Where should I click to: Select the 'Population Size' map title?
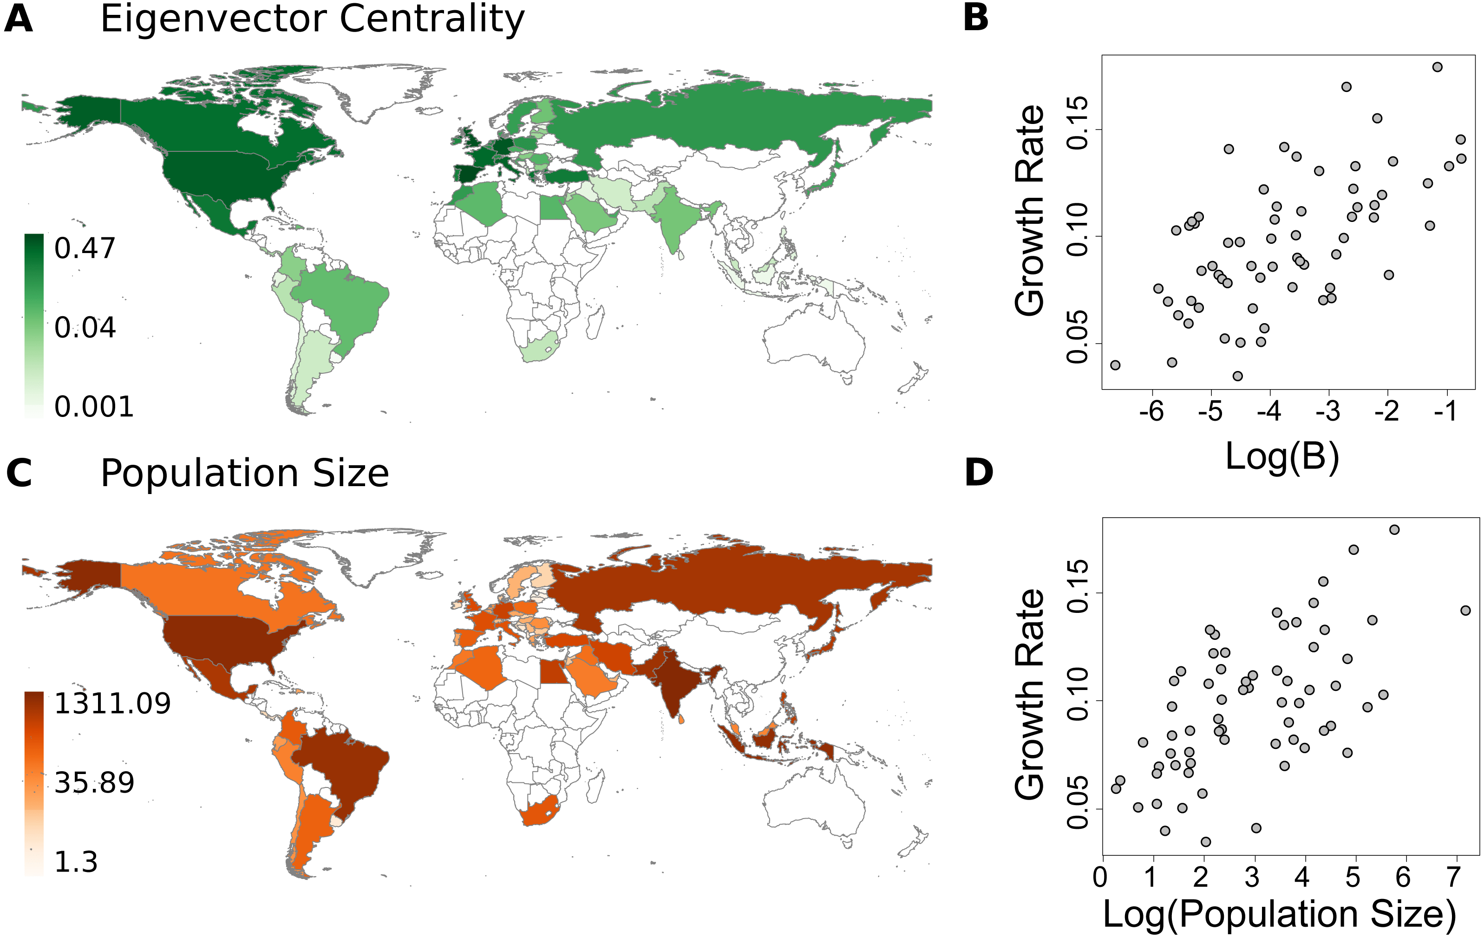click(245, 474)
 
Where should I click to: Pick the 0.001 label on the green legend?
click(94, 407)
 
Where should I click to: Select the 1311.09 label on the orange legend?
click(112, 703)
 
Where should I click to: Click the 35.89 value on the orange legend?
click(94, 782)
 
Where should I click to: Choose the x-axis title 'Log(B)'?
click(1282, 456)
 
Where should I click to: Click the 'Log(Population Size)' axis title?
click(1279, 914)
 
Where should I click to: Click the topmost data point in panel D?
click(1394, 530)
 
